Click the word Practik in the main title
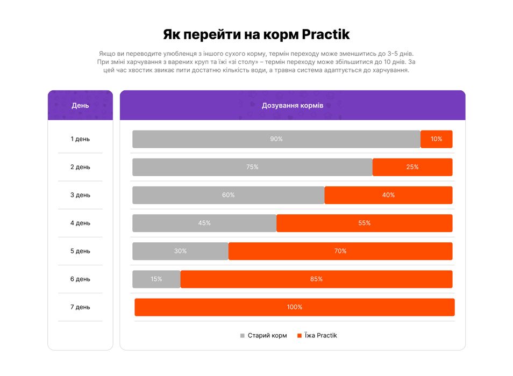[x=325, y=35]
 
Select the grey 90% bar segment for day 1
[x=276, y=139]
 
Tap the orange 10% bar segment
[x=436, y=139]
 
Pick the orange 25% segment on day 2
[x=412, y=167]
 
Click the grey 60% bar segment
[x=228, y=195]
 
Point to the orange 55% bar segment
[x=364, y=223]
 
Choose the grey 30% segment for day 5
[x=180, y=251]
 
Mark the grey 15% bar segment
[x=156, y=279]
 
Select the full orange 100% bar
[x=294, y=307]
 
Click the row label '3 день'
[x=80, y=195]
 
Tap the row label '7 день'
[x=80, y=307]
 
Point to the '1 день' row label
[x=80, y=139]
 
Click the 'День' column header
[x=80, y=105]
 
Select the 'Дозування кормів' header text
[x=292, y=105]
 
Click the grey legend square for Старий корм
[x=243, y=336]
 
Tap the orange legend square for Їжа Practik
[x=300, y=336]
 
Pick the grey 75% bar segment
[x=252, y=167]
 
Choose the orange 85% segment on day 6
[x=316, y=279]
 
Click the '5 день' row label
[x=80, y=251]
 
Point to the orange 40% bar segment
[x=388, y=195]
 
